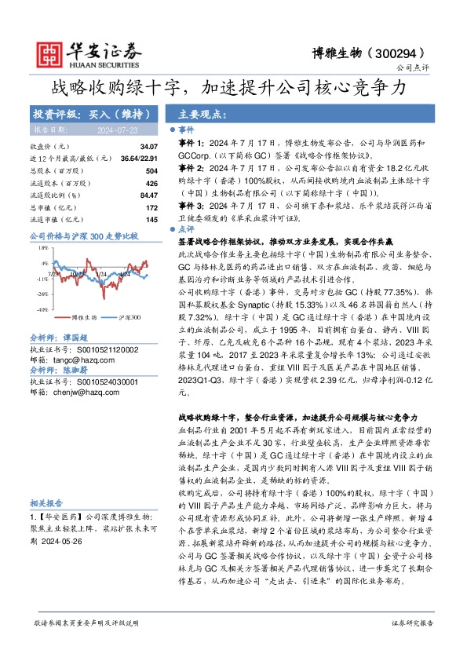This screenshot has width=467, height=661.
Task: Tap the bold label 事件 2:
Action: [x=193, y=167]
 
